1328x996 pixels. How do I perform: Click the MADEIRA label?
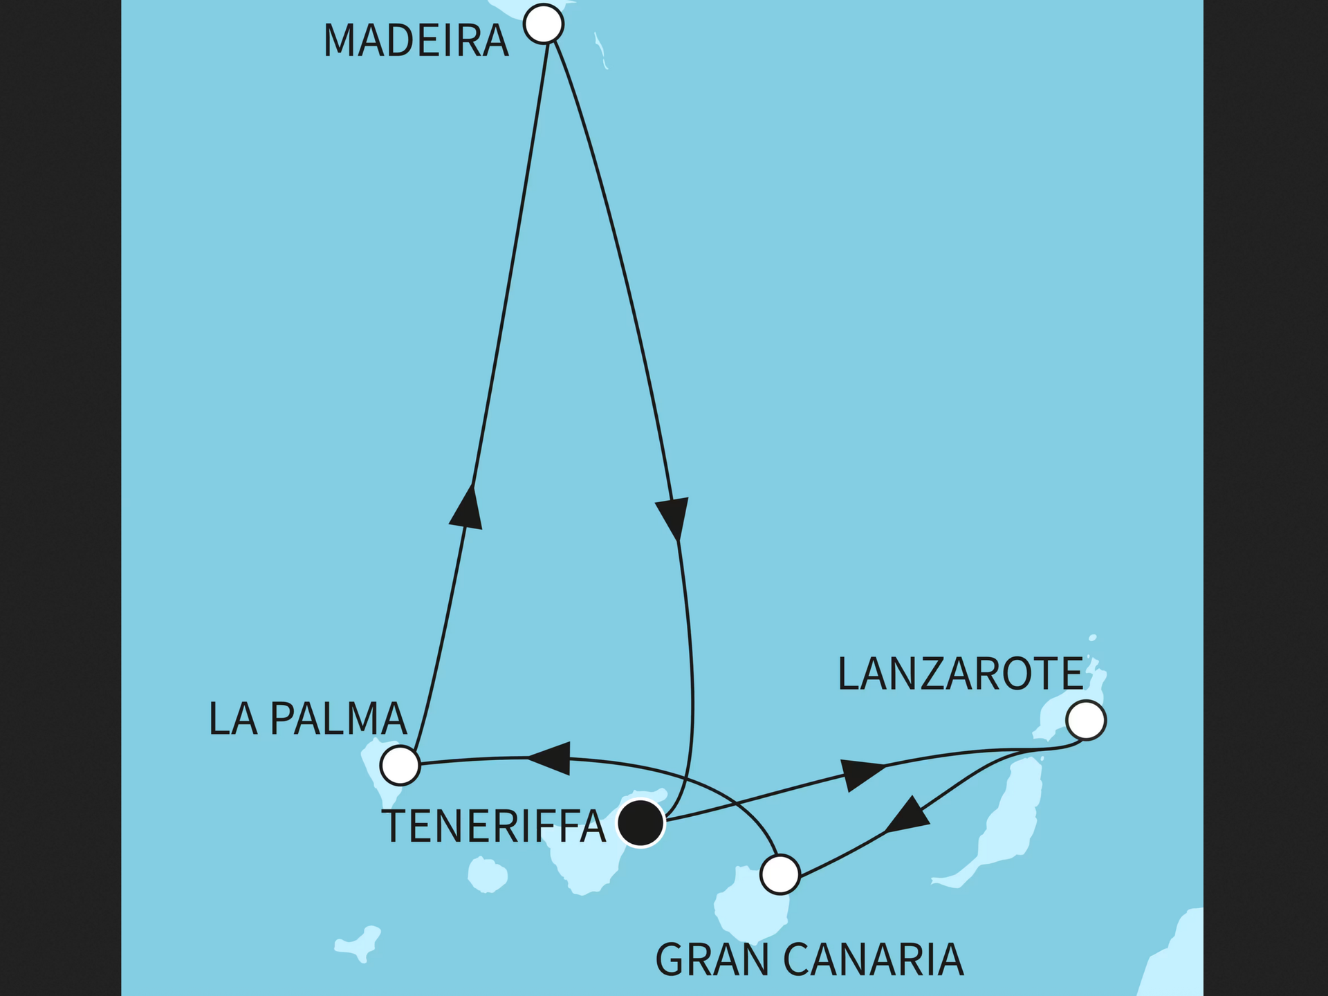coord(416,41)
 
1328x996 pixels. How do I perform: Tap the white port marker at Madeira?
coord(544,24)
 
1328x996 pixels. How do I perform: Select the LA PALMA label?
coord(307,719)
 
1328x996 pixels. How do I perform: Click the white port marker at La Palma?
coord(400,765)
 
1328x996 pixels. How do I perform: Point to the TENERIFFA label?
coord(493,826)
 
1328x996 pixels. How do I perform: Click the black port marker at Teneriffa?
coord(640,823)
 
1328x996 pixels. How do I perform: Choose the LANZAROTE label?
coord(960,674)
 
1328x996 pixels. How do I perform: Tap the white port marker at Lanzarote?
coord(1086,721)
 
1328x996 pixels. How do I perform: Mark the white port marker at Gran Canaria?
coord(780,875)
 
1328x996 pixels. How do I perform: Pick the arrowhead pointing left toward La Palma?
coord(551,758)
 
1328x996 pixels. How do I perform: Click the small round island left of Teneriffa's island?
coord(488,874)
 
